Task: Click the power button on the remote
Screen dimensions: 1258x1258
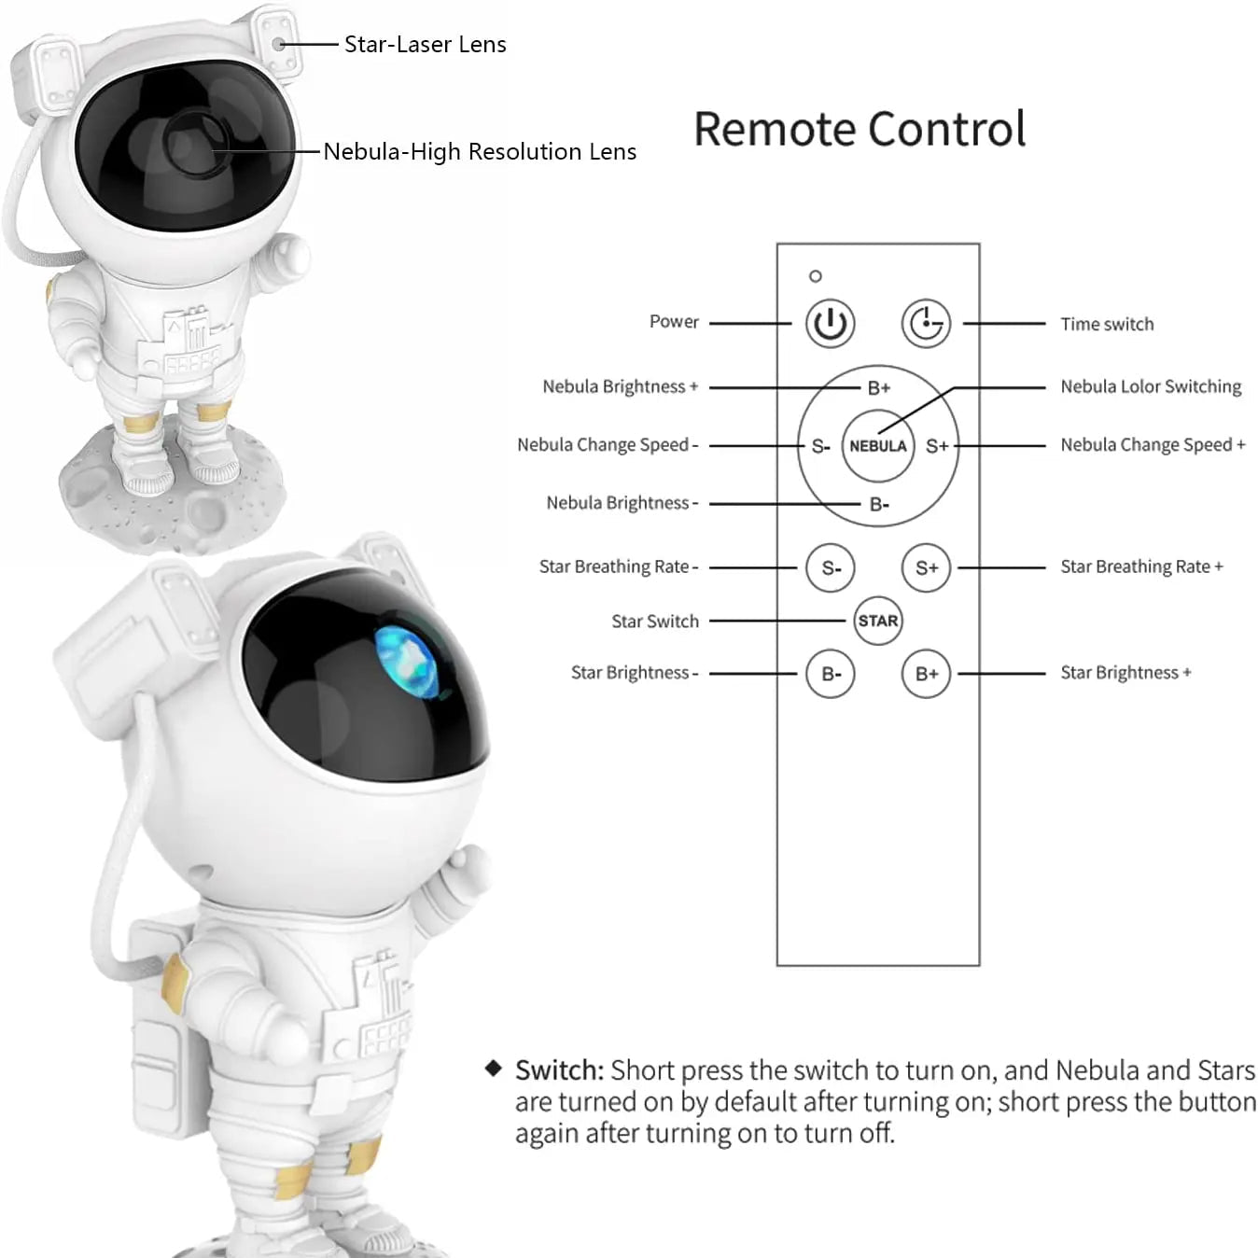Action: coord(830,324)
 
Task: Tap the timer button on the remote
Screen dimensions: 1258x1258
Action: coord(926,324)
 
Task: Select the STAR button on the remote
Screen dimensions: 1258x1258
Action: coord(878,621)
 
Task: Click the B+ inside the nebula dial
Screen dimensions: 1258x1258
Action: coord(879,388)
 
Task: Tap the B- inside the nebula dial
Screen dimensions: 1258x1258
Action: coord(879,505)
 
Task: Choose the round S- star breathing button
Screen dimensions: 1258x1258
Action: coord(831,567)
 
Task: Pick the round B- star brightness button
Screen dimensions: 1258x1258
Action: coord(831,674)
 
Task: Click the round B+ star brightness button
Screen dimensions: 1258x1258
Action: coord(927,674)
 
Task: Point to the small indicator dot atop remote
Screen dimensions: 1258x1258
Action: coord(816,276)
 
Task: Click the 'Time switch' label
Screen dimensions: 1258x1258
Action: coord(1107,325)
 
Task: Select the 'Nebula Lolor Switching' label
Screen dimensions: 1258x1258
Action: coord(1151,386)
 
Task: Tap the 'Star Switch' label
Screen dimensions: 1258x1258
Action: coord(655,622)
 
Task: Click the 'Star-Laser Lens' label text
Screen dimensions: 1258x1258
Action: coord(426,45)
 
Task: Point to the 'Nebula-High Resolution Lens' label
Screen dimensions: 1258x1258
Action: coord(480,152)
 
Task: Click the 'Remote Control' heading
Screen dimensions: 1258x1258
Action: coord(860,130)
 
